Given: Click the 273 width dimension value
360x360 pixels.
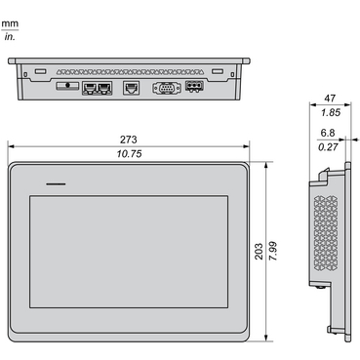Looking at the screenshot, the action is click(x=129, y=140).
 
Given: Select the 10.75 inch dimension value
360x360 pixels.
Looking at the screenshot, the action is click(x=129, y=154).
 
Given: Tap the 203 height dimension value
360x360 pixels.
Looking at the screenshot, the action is click(x=259, y=251).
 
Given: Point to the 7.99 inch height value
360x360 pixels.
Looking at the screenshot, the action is click(x=273, y=251).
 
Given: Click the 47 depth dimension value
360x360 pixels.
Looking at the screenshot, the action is click(x=330, y=99).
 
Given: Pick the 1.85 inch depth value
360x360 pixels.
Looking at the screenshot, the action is click(x=331, y=112).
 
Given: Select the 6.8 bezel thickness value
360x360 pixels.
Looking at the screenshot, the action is click(x=328, y=133).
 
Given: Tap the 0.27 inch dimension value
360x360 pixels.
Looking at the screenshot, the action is click(x=328, y=147).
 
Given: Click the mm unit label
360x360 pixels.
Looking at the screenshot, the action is click(x=10, y=23).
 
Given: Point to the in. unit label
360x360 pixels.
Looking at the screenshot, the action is click(x=10, y=37).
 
